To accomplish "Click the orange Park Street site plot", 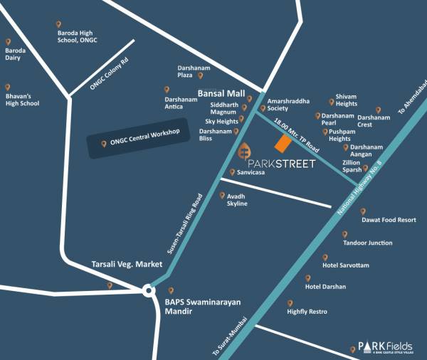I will tap(283, 144).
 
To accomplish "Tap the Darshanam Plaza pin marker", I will tap(201, 75).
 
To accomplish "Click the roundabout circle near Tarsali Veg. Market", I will tap(148, 290).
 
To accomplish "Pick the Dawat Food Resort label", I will tap(389, 221).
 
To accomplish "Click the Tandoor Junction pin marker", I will tap(345, 234).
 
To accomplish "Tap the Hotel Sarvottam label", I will tap(346, 265).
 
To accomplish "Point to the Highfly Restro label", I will tap(308, 312).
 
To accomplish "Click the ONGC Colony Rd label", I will tap(109, 73).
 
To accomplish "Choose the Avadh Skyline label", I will tap(237, 200).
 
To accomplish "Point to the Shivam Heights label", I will tap(347, 100).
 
